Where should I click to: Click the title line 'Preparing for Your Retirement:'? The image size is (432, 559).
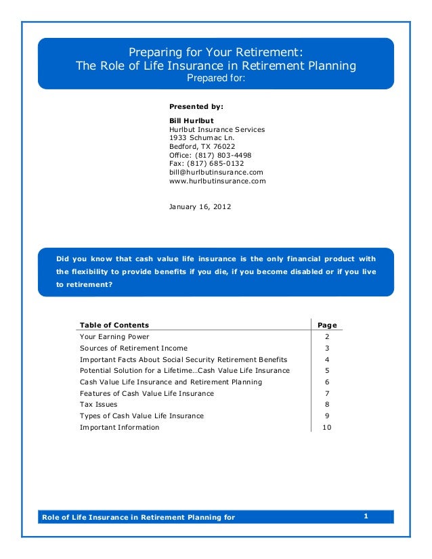tap(216, 52)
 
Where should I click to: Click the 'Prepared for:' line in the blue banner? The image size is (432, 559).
tap(216, 79)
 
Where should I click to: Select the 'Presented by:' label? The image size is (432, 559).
tap(196, 106)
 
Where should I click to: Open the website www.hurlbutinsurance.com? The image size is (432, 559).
tap(217, 181)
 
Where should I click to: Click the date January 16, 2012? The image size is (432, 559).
tap(199, 206)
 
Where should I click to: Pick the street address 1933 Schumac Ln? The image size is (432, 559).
tap(202, 137)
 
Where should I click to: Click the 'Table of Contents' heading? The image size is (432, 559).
tap(114, 325)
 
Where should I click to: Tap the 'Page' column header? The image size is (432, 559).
tap(327, 325)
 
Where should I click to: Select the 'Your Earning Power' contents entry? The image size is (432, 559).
tap(114, 336)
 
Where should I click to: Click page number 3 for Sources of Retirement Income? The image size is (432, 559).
tap(327, 348)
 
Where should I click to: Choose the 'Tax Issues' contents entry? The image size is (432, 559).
tap(98, 405)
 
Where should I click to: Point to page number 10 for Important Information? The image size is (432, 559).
tap(327, 427)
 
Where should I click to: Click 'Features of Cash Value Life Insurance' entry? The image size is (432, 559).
tap(146, 393)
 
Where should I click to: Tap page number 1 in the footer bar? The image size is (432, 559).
tap(366, 517)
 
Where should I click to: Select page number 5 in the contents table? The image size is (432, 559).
tap(327, 370)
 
